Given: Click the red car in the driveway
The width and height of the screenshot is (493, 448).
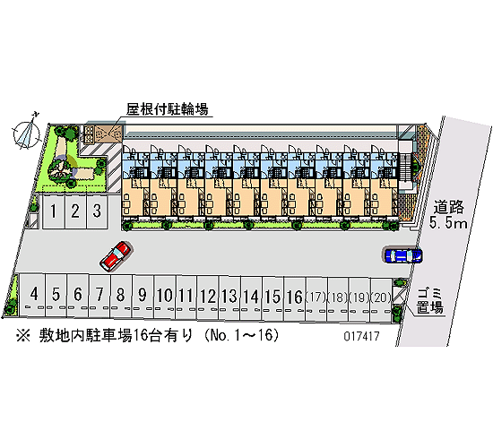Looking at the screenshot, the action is point(116,256).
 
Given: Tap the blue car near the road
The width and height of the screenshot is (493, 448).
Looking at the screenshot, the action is point(403,255).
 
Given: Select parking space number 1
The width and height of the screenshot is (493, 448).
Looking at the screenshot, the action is point(54,211).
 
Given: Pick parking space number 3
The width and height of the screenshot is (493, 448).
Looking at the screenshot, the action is point(97,211).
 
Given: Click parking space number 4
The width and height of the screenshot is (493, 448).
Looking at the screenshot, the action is point(33,296).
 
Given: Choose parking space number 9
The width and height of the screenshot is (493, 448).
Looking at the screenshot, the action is point(143,296).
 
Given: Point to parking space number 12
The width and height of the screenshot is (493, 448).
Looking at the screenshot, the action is point(208,297).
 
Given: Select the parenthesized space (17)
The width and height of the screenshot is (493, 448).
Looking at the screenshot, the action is point(316,297).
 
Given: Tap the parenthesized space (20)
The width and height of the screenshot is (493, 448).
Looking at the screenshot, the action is point(381,297).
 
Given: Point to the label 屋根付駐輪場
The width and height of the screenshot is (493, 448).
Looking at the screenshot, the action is point(167,109).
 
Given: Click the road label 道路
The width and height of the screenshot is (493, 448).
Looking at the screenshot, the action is point(449,207).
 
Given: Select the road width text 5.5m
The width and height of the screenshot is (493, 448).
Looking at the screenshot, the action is point(448,223).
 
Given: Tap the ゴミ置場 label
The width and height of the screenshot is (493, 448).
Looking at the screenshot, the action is point(429,301).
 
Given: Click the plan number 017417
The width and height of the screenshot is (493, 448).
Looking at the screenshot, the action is point(361,336).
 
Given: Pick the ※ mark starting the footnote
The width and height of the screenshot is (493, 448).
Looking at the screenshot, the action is point(23,336).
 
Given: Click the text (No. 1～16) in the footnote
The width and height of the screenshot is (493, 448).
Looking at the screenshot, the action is point(241,335).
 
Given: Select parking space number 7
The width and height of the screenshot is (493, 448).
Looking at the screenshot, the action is point(99,296).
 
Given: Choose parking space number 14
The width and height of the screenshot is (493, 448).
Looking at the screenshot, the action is point(251,297).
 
